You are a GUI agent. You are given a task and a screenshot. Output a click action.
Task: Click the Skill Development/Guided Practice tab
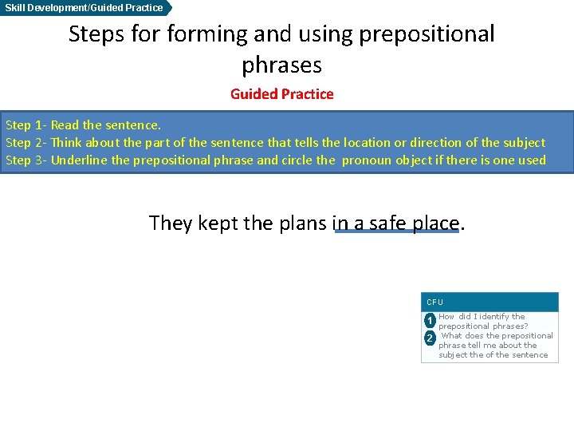(85, 8)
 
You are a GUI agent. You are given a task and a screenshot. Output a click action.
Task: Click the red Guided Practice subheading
(281, 94)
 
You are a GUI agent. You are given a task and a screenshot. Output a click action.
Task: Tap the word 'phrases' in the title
(281, 64)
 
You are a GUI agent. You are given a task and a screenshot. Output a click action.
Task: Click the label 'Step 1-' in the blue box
(26, 125)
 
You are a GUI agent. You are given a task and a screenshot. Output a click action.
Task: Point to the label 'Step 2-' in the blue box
(26, 143)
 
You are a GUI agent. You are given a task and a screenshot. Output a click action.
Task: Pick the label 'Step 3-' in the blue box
(26, 160)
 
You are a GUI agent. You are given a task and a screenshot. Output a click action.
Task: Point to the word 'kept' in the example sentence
(218, 223)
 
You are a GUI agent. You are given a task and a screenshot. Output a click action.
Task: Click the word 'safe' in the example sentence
(387, 223)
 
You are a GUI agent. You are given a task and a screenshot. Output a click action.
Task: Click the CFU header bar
(489, 302)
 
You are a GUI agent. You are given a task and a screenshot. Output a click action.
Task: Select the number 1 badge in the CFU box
(430, 322)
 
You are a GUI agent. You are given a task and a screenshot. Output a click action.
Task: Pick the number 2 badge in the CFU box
(430, 338)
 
